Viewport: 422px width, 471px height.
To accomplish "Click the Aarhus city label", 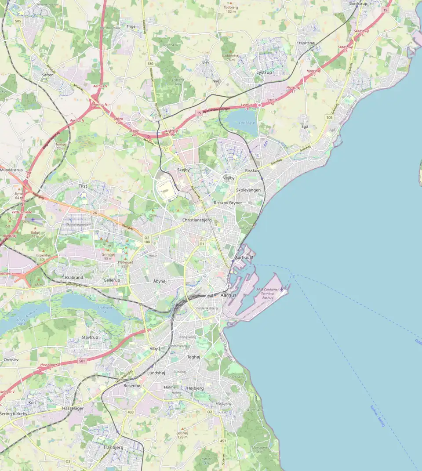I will [228, 295].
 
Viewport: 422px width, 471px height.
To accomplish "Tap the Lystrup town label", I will [264, 72].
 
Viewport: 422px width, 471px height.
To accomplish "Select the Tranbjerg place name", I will [113, 447].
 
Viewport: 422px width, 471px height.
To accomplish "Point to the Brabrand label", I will [74, 278].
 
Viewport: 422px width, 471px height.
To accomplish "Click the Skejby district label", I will [183, 170].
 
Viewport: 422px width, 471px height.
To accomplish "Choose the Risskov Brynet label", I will [228, 203].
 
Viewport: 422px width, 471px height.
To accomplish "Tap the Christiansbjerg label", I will [197, 220].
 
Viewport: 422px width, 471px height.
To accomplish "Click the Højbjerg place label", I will [195, 388].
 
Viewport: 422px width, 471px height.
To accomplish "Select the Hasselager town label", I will [73, 408].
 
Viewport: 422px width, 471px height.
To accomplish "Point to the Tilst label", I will [83, 186].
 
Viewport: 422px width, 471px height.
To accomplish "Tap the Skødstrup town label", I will [358, 4].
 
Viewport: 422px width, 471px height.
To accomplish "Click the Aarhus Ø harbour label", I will [244, 257].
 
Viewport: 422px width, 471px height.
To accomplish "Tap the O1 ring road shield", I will [202, 243].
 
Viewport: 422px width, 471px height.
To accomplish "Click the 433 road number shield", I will [130, 412].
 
